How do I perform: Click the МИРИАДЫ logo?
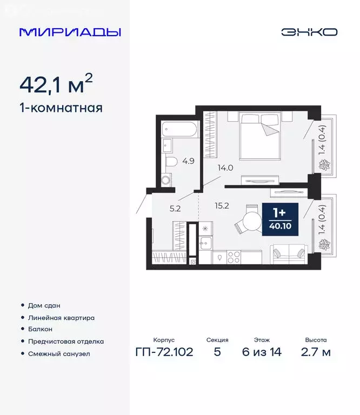[x=70, y=32]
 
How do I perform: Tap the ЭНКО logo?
[x=309, y=32]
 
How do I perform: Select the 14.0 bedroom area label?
[x=225, y=168]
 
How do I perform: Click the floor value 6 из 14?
[x=261, y=352]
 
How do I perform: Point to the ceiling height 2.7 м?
[x=316, y=352]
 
